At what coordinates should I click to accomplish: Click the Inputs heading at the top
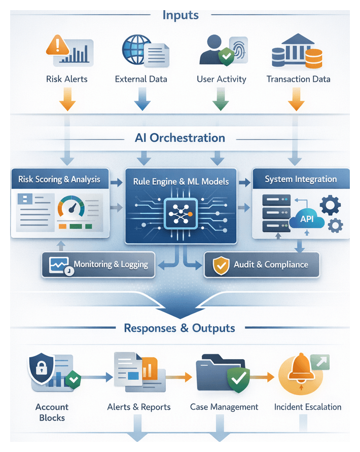coord(180,15)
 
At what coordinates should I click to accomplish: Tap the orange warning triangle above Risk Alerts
coord(57,46)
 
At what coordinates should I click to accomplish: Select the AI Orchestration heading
coord(180,138)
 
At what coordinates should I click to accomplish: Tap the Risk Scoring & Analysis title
coord(59,179)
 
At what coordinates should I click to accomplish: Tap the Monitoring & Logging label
coord(111,264)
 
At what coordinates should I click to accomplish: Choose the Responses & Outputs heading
coord(179,328)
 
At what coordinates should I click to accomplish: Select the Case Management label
coord(224,407)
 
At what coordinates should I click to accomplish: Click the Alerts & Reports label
coord(139,407)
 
